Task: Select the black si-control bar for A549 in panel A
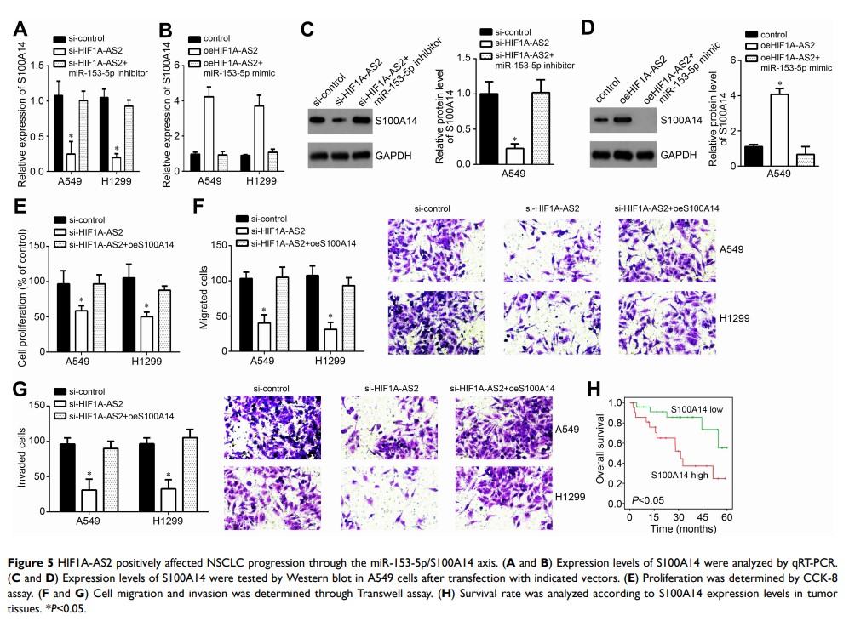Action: point(58,133)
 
